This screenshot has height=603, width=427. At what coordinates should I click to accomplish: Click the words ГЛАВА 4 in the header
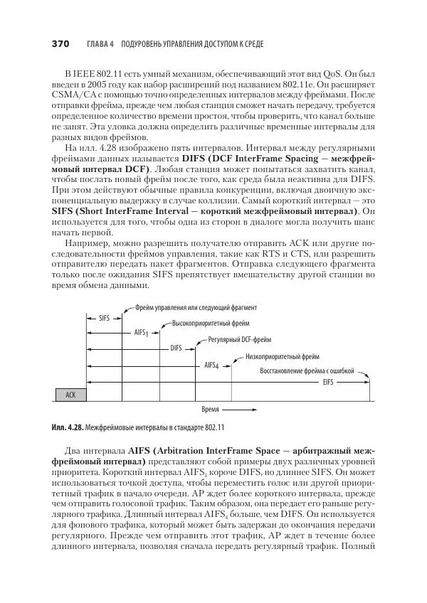tap(100, 45)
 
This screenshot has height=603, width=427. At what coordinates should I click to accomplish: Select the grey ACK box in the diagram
tap(70, 394)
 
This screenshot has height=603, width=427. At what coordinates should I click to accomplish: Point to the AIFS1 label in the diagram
tap(141, 333)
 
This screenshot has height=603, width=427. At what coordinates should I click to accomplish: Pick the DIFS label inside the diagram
tap(176, 348)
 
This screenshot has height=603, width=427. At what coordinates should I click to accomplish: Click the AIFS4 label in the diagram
tap(211, 365)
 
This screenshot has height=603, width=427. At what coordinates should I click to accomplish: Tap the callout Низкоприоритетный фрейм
tap(283, 357)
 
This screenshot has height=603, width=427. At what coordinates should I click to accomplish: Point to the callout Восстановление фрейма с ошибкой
tap(312, 370)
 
